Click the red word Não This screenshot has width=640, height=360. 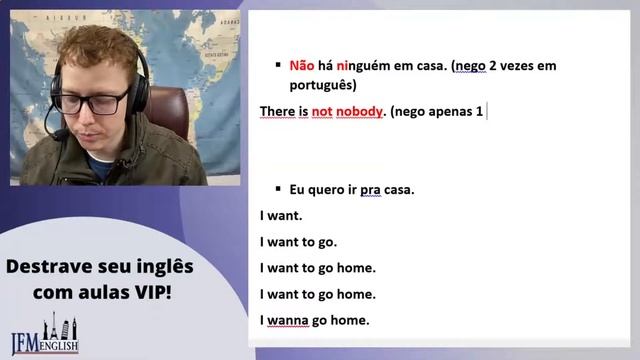click(x=302, y=66)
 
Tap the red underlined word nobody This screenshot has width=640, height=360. click(x=360, y=110)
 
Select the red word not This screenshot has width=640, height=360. click(x=321, y=110)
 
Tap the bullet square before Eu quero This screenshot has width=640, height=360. click(x=279, y=188)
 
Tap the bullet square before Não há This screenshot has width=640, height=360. click(x=279, y=65)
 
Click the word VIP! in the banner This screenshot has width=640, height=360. click(x=149, y=293)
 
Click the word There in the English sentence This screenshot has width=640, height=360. click(x=277, y=110)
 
